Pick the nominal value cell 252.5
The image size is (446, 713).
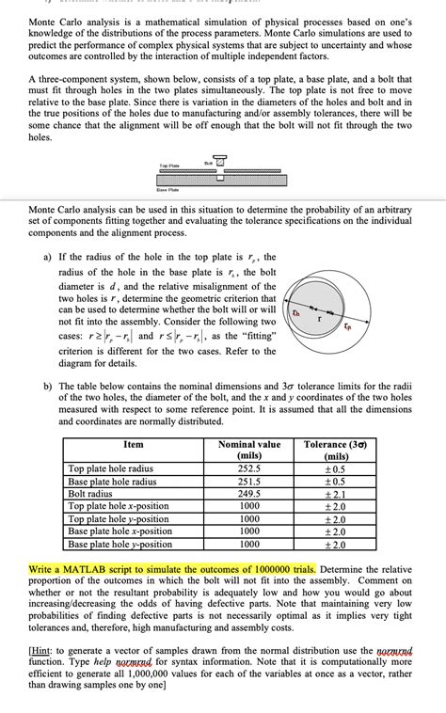248,468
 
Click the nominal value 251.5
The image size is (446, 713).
248,481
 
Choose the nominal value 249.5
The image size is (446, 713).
248,493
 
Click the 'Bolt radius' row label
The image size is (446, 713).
90,493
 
